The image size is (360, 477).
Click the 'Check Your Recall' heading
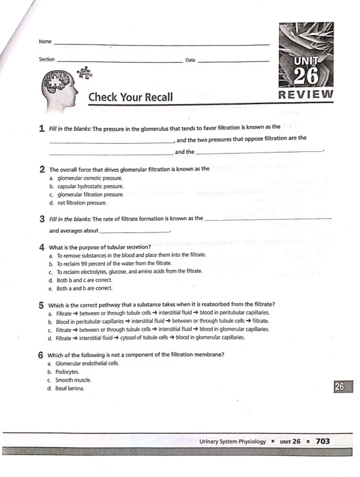click(130, 97)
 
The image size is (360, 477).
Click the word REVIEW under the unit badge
click(306, 93)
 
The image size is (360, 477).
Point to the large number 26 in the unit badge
click(307, 73)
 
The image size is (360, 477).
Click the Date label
click(190, 60)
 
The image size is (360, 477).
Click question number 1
click(42, 127)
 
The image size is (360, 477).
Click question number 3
click(42, 219)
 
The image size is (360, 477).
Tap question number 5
click(42, 303)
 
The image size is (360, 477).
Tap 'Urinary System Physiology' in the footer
click(232, 442)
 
